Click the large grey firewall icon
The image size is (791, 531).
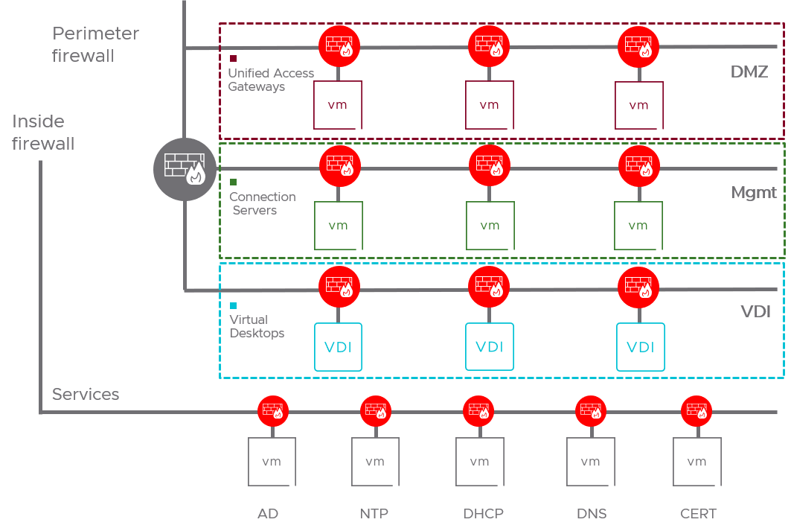coord(185,169)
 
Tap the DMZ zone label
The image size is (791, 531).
coord(749,72)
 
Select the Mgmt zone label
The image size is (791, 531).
coord(754,193)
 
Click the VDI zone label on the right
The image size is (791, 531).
coord(756,311)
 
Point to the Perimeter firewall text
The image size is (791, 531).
coord(95,45)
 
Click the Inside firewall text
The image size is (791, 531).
coord(43,133)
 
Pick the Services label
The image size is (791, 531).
coord(86,395)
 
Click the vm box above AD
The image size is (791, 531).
coord(272,462)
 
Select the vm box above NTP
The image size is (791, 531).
coord(375,462)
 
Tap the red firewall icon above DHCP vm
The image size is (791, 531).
coord(478,410)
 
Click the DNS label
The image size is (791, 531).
coord(592,513)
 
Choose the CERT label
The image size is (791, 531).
coord(698,513)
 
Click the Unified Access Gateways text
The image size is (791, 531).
coord(271,80)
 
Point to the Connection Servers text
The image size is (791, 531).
coord(262,203)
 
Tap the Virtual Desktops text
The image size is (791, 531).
coord(257,326)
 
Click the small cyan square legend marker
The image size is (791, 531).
coord(234,305)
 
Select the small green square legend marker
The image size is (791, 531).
coord(234,182)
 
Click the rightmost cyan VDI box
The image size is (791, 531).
coord(641,347)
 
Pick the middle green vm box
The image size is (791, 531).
coord(490,226)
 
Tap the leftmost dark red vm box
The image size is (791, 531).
coord(338,105)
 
